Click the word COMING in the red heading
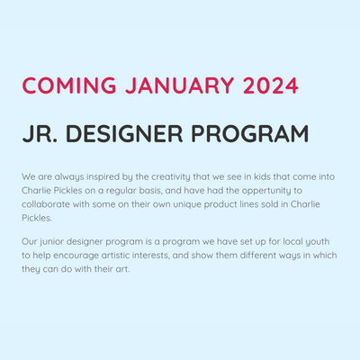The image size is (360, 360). (69, 85)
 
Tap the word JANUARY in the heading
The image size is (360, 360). (179, 85)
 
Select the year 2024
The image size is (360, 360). (271, 85)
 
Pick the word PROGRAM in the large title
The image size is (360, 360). (250, 133)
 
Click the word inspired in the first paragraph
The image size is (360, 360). (103, 177)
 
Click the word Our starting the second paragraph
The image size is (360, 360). (29, 241)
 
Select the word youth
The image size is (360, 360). (318, 242)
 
